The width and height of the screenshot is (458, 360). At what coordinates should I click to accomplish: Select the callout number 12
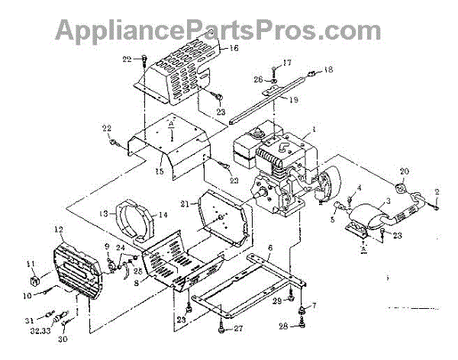point(58,228)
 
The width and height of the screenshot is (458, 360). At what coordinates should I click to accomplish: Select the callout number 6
point(270,247)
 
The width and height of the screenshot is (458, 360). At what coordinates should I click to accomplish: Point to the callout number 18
point(329,70)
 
